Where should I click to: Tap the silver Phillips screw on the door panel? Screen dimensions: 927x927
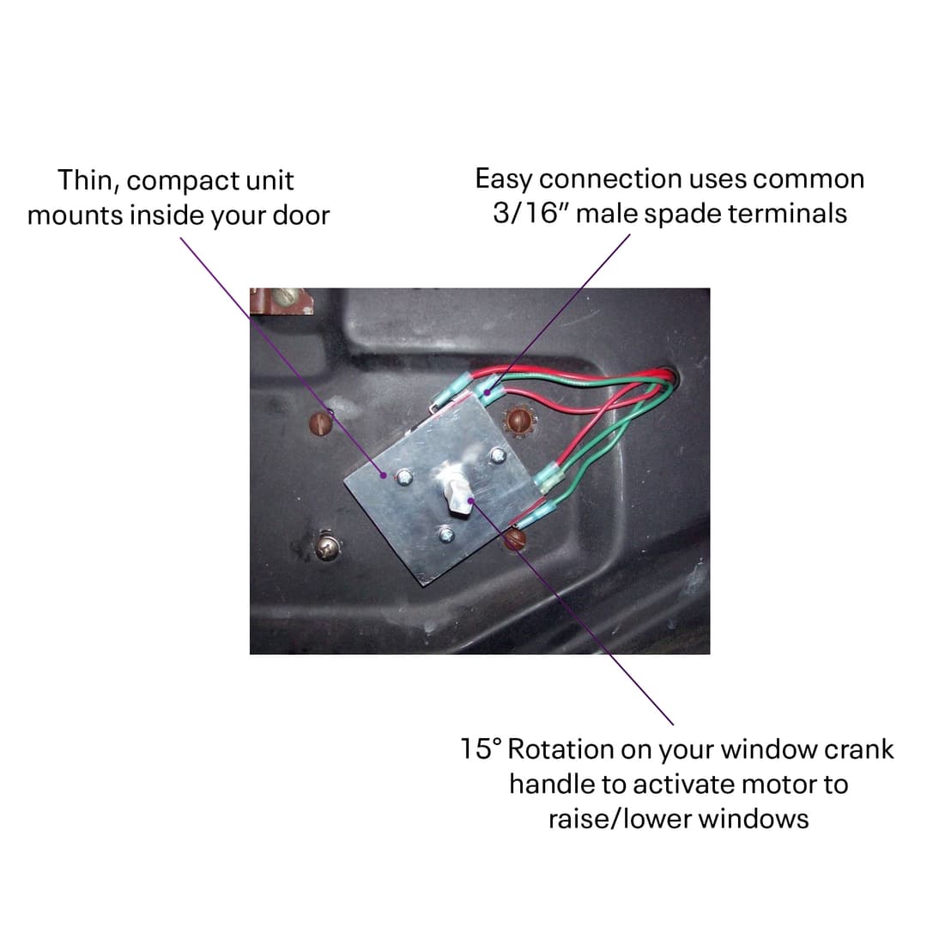coord(326,547)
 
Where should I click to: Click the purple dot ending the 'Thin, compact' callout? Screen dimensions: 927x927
coord(384,473)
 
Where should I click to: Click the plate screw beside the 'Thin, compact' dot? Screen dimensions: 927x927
coord(403,476)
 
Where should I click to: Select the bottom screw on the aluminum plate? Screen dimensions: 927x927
coord(445,536)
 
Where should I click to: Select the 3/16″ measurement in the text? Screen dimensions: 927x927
coord(530,213)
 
